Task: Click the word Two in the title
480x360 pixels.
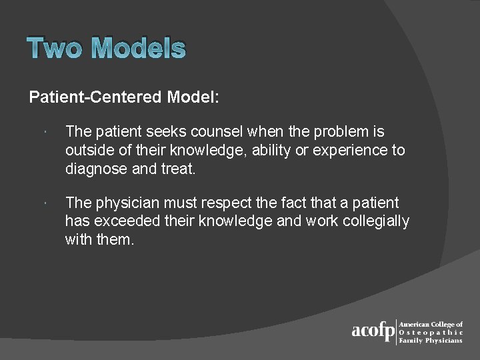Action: [56, 49]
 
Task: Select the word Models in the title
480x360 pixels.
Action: [139, 49]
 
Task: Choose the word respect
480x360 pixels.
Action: [218, 203]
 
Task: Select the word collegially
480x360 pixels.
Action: [376, 221]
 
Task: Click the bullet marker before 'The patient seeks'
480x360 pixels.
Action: [42, 133]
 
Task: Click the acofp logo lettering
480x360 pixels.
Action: [373, 331]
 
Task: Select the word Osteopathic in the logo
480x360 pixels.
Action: [430, 332]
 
